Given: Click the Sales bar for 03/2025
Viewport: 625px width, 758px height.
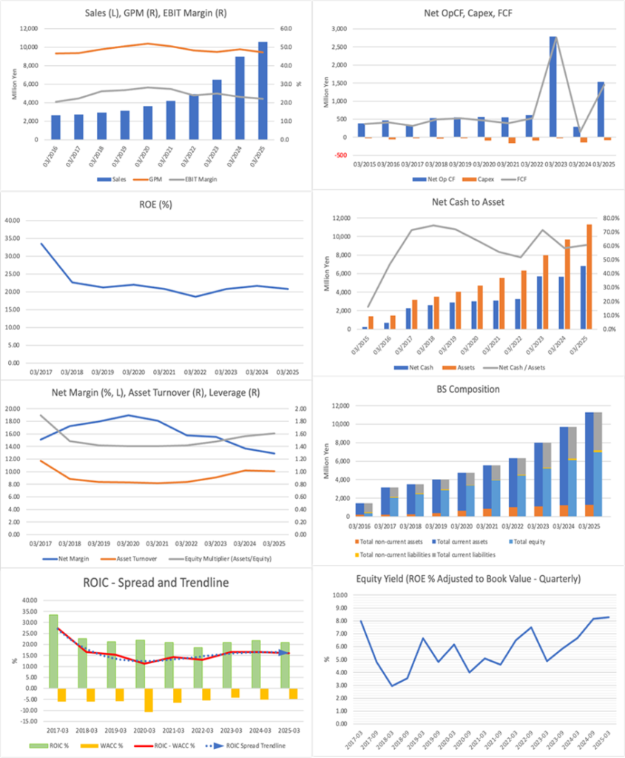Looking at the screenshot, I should pyautogui.click(x=263, y=90).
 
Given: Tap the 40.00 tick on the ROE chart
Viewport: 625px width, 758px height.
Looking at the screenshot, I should pyautogui.click(x=27, y=221).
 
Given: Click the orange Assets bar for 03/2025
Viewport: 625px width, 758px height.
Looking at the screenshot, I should pyautogui.click(x=590, y=276).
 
